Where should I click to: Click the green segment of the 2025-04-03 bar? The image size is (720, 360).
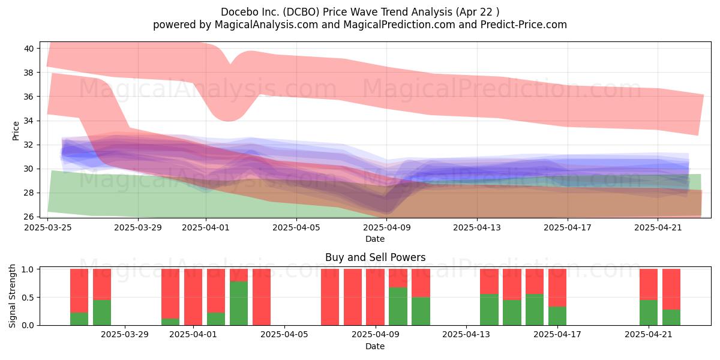click(239, 303)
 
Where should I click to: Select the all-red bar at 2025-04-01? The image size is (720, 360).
click(193, 297)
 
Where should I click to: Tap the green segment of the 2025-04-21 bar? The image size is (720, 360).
click(649, 313)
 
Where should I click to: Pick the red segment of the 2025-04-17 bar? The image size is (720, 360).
click(557, 287)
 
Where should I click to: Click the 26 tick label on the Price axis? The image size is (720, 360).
click(29, 217)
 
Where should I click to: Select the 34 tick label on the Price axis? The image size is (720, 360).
click(29, 121)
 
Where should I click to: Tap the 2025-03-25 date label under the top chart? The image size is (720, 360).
click(48, 227)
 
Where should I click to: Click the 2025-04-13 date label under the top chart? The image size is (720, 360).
click(477, 227)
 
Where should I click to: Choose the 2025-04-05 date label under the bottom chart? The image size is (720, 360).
click(284, 335)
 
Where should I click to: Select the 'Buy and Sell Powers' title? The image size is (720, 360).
click(375, 257)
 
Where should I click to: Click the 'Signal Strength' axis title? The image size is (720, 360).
click(12, 296)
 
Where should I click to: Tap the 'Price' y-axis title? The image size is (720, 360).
click(16, 131)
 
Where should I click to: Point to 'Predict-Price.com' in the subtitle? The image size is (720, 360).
click(524, 25)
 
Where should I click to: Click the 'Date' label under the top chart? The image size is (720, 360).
click(375, 239)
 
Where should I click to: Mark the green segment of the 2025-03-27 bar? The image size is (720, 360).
click(79, 319)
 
